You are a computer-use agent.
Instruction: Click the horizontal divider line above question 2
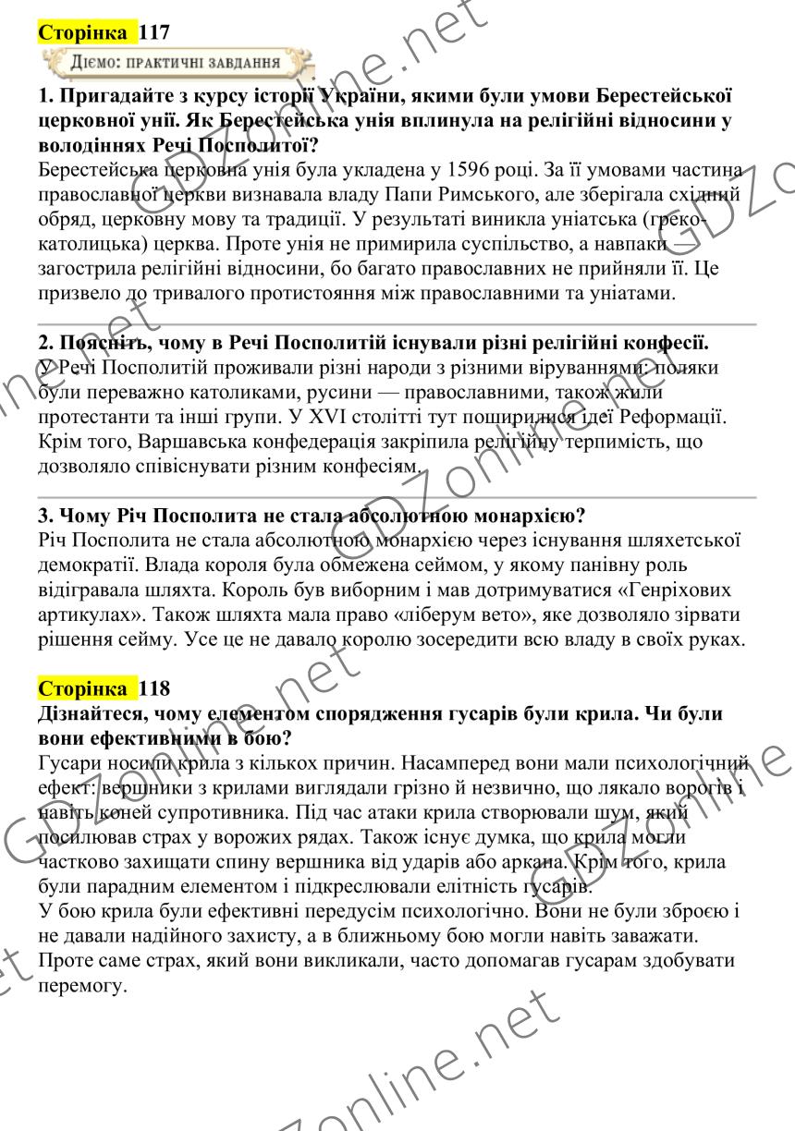(x=397, y=325)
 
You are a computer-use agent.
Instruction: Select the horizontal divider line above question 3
(x=397, y=497)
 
